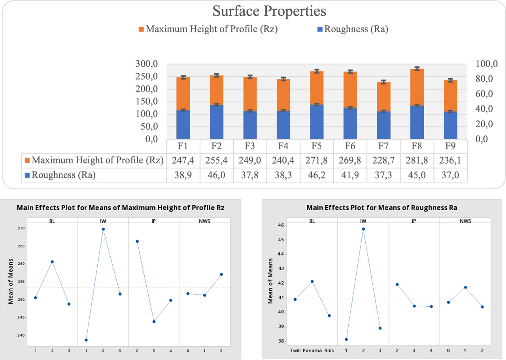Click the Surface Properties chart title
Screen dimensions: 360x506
coord(269,11)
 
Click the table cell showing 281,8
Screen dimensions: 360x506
coord(417,160)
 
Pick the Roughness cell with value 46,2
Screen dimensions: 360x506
coord(317,175)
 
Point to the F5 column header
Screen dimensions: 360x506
coord(317,146)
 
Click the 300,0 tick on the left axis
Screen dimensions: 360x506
coord(147,64)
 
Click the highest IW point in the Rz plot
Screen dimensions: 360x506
coord(103,229)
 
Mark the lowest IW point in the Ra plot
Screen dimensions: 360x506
coord(346,339)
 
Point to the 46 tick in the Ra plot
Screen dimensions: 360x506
coord(281,225)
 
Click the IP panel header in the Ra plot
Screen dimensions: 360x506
coord(414,220)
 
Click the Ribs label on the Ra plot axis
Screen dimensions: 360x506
coord(329,351)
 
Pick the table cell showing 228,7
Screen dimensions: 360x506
coord(383,160)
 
